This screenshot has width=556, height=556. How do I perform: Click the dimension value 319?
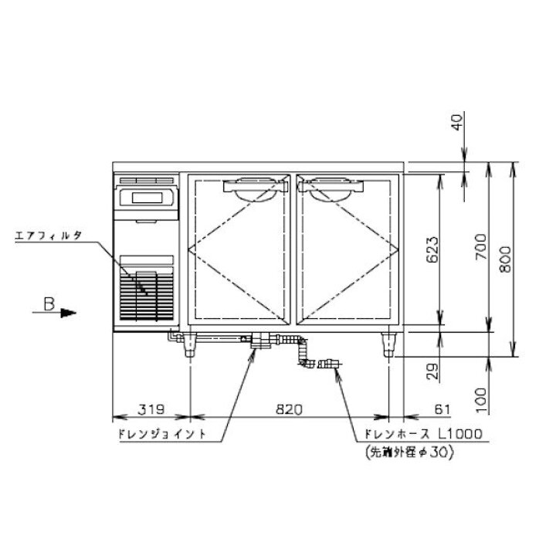pos(151,409)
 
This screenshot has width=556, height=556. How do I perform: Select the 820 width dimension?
pos(290,409)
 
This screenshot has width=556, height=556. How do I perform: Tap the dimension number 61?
pos(442,409)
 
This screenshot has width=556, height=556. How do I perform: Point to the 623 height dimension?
pos(432,249)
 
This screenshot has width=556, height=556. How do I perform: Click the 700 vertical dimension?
pos(481,246)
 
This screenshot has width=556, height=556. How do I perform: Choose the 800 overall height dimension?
pos(505,259)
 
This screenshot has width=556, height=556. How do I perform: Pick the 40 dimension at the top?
pos(457,122)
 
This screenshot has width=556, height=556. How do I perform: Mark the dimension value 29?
pos(432,371)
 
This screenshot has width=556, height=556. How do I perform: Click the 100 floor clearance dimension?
pos(481,400)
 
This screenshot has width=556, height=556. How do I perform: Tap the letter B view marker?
pos(49,304)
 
